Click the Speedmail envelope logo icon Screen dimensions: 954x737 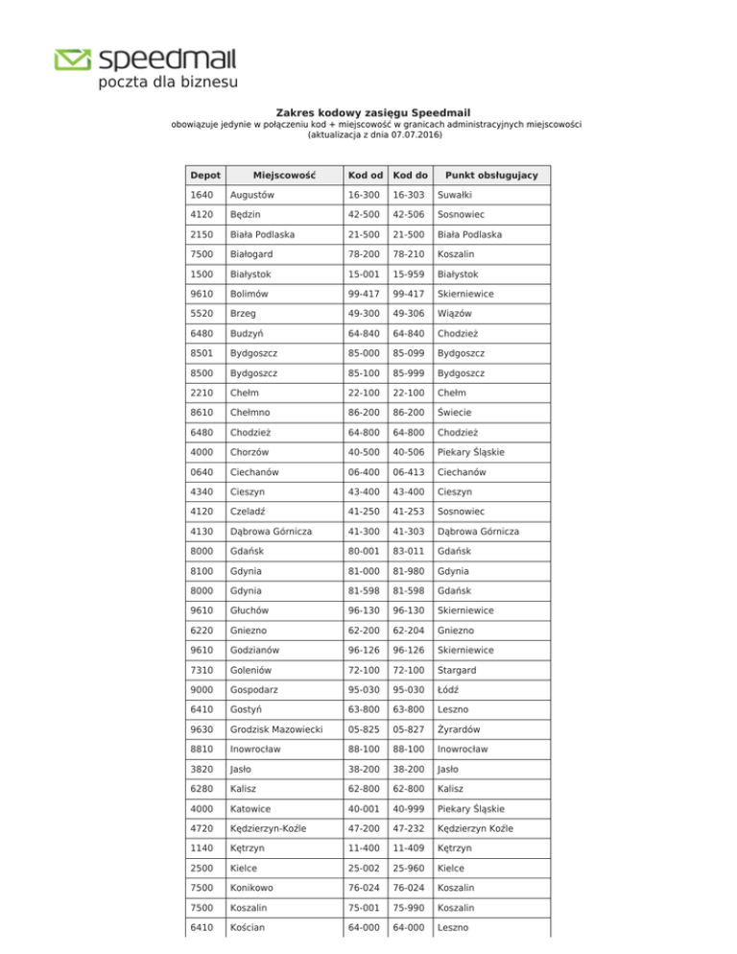(72, 60)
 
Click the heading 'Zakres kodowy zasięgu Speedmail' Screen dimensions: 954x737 (368, 112)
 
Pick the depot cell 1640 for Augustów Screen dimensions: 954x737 (202, 194)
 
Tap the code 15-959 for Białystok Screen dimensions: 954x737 (409, 274)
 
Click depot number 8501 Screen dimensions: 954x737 (202, 355)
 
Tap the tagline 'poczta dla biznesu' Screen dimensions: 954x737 (167, 83)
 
